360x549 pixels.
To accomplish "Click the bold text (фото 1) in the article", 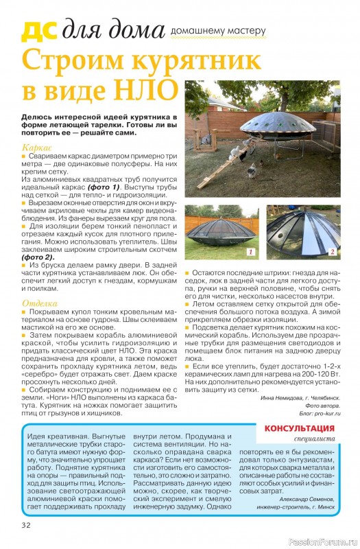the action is [96, 187].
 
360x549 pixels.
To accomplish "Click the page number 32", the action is [26, 526].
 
